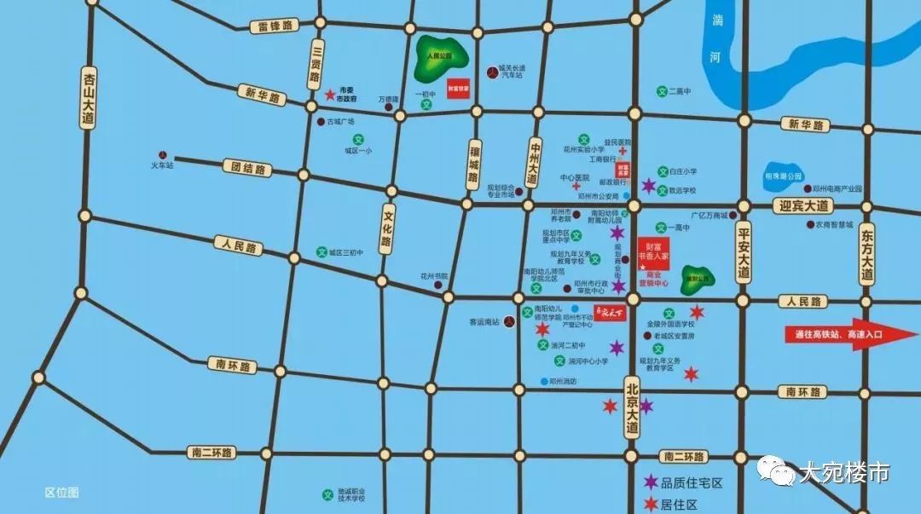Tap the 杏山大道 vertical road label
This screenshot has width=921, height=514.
pyautogui.click(x=88, y=100)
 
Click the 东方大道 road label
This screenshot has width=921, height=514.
pyautogui.click(x=867, y=255)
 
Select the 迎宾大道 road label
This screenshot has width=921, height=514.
pyautogui.click(x=804, y=205)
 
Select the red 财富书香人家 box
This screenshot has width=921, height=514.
pyautogui.click(x=654, y=254)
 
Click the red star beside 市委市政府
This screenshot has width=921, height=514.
pyautogui.click(x=329, y=93)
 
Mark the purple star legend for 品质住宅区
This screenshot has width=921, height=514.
pyautogui.click(x=652, y=482)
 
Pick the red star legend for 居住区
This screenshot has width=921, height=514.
pyautogui.click(x=652, y=504)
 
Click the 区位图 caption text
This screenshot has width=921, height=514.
pyautogui.click(x=61, y=493)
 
